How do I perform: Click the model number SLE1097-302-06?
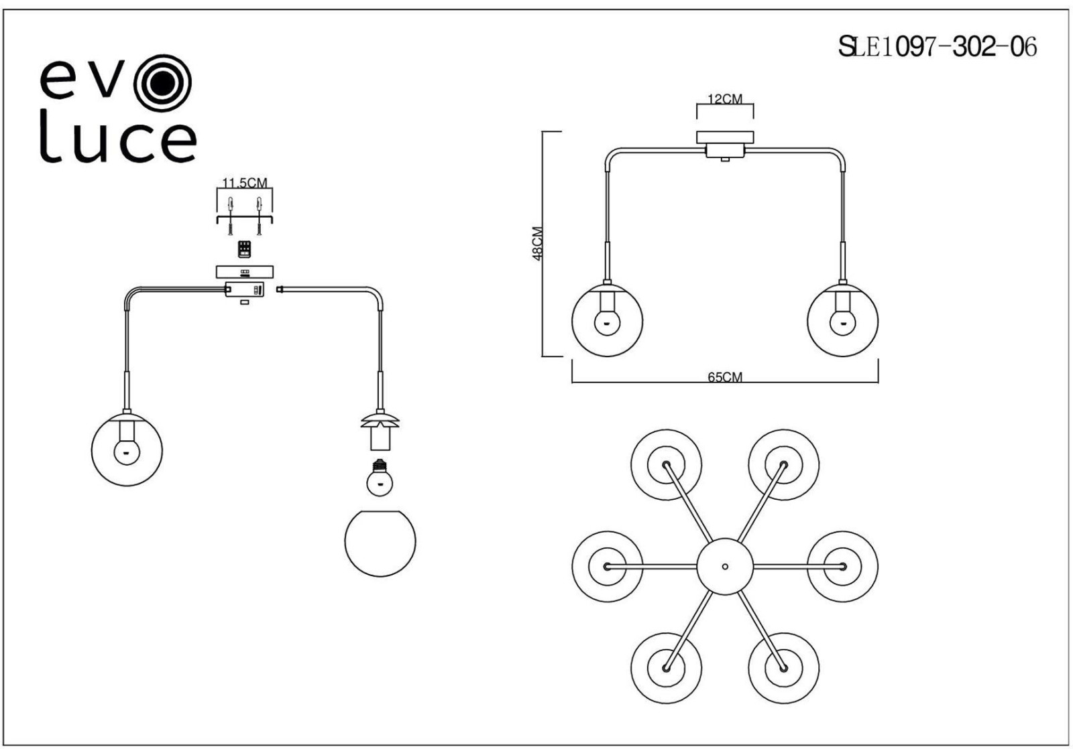click(938, 47)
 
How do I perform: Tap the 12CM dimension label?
click(725, 99)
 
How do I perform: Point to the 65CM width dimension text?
click(725, 377)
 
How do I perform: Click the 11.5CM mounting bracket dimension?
click(245, 183)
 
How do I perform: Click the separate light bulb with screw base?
click(380, 477)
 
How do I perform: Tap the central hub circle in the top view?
click(725, 566)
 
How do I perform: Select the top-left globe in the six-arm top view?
click(666, 464)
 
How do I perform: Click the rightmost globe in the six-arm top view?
click(842, 566)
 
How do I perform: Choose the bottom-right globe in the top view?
click(783, 668)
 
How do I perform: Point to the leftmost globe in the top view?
click(608, 566)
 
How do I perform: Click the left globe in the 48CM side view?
click(607, 320)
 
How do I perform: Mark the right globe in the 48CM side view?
click(842, 320)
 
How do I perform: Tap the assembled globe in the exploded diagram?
click(127, 450)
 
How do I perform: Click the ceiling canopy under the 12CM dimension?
click(725, 137)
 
